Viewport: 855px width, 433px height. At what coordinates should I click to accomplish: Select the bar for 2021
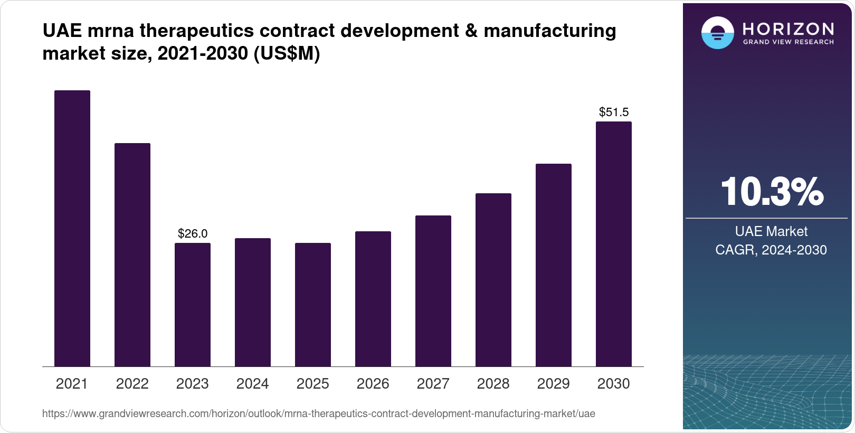point(72,228)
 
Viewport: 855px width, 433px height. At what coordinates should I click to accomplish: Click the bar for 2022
point(132,255)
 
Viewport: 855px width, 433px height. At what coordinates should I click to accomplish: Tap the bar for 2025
point(313,305)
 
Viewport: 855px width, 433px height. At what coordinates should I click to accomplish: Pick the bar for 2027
point(433,291)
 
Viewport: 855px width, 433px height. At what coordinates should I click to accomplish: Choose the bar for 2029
point(554,265)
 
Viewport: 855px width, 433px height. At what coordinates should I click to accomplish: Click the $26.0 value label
point(193,233)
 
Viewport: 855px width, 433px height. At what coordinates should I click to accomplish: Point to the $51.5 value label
point(614,112)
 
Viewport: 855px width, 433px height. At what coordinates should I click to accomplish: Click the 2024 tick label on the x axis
point(253,383)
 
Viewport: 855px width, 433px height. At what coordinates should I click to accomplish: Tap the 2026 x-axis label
point(373,383)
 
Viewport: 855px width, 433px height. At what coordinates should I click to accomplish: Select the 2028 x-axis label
point(493,383)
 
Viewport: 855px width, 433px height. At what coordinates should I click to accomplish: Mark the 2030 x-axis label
point(614,383)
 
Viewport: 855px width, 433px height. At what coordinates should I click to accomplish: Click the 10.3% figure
point(772,192)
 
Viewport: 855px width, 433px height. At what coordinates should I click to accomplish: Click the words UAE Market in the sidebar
point(771,231)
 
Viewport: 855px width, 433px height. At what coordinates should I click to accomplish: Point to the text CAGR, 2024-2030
point(771,250)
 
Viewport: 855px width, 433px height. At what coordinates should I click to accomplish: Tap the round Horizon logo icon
point(718,33)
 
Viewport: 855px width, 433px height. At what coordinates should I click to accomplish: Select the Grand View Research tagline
point(788,42)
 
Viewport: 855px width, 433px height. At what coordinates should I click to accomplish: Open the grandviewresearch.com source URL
point(318,413)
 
